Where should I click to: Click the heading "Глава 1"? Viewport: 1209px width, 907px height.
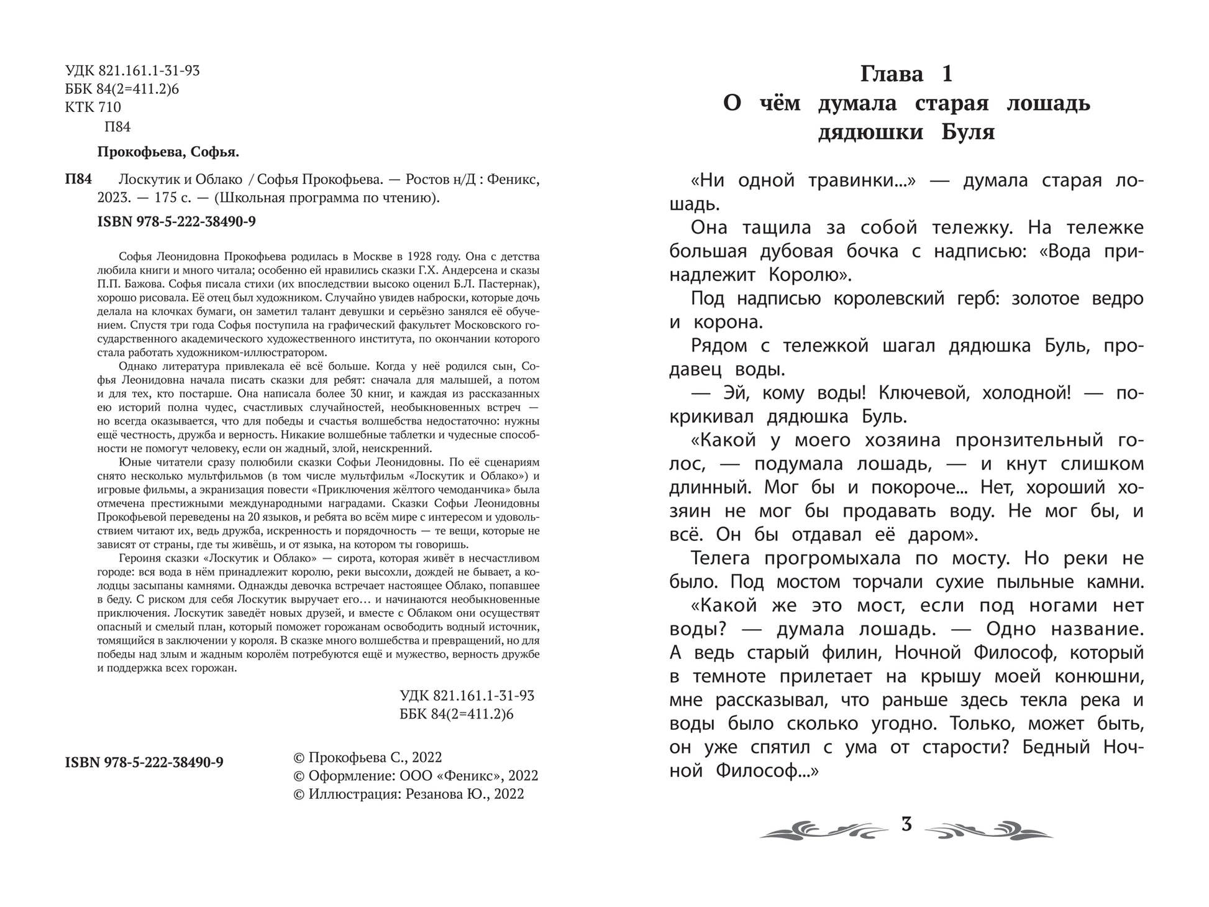(x=906, y=74)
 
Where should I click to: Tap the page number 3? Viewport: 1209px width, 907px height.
(x=906, y=824)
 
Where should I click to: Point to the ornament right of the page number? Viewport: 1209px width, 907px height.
(x=989, y=829)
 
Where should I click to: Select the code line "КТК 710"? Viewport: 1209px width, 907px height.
(x=93, y=108)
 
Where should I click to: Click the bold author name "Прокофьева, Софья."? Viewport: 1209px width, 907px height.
(x=168, y=152)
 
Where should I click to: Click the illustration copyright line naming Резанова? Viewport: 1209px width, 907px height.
(x=408, y=794)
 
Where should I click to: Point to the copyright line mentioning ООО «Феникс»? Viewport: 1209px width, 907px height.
(x=415, y=776)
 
